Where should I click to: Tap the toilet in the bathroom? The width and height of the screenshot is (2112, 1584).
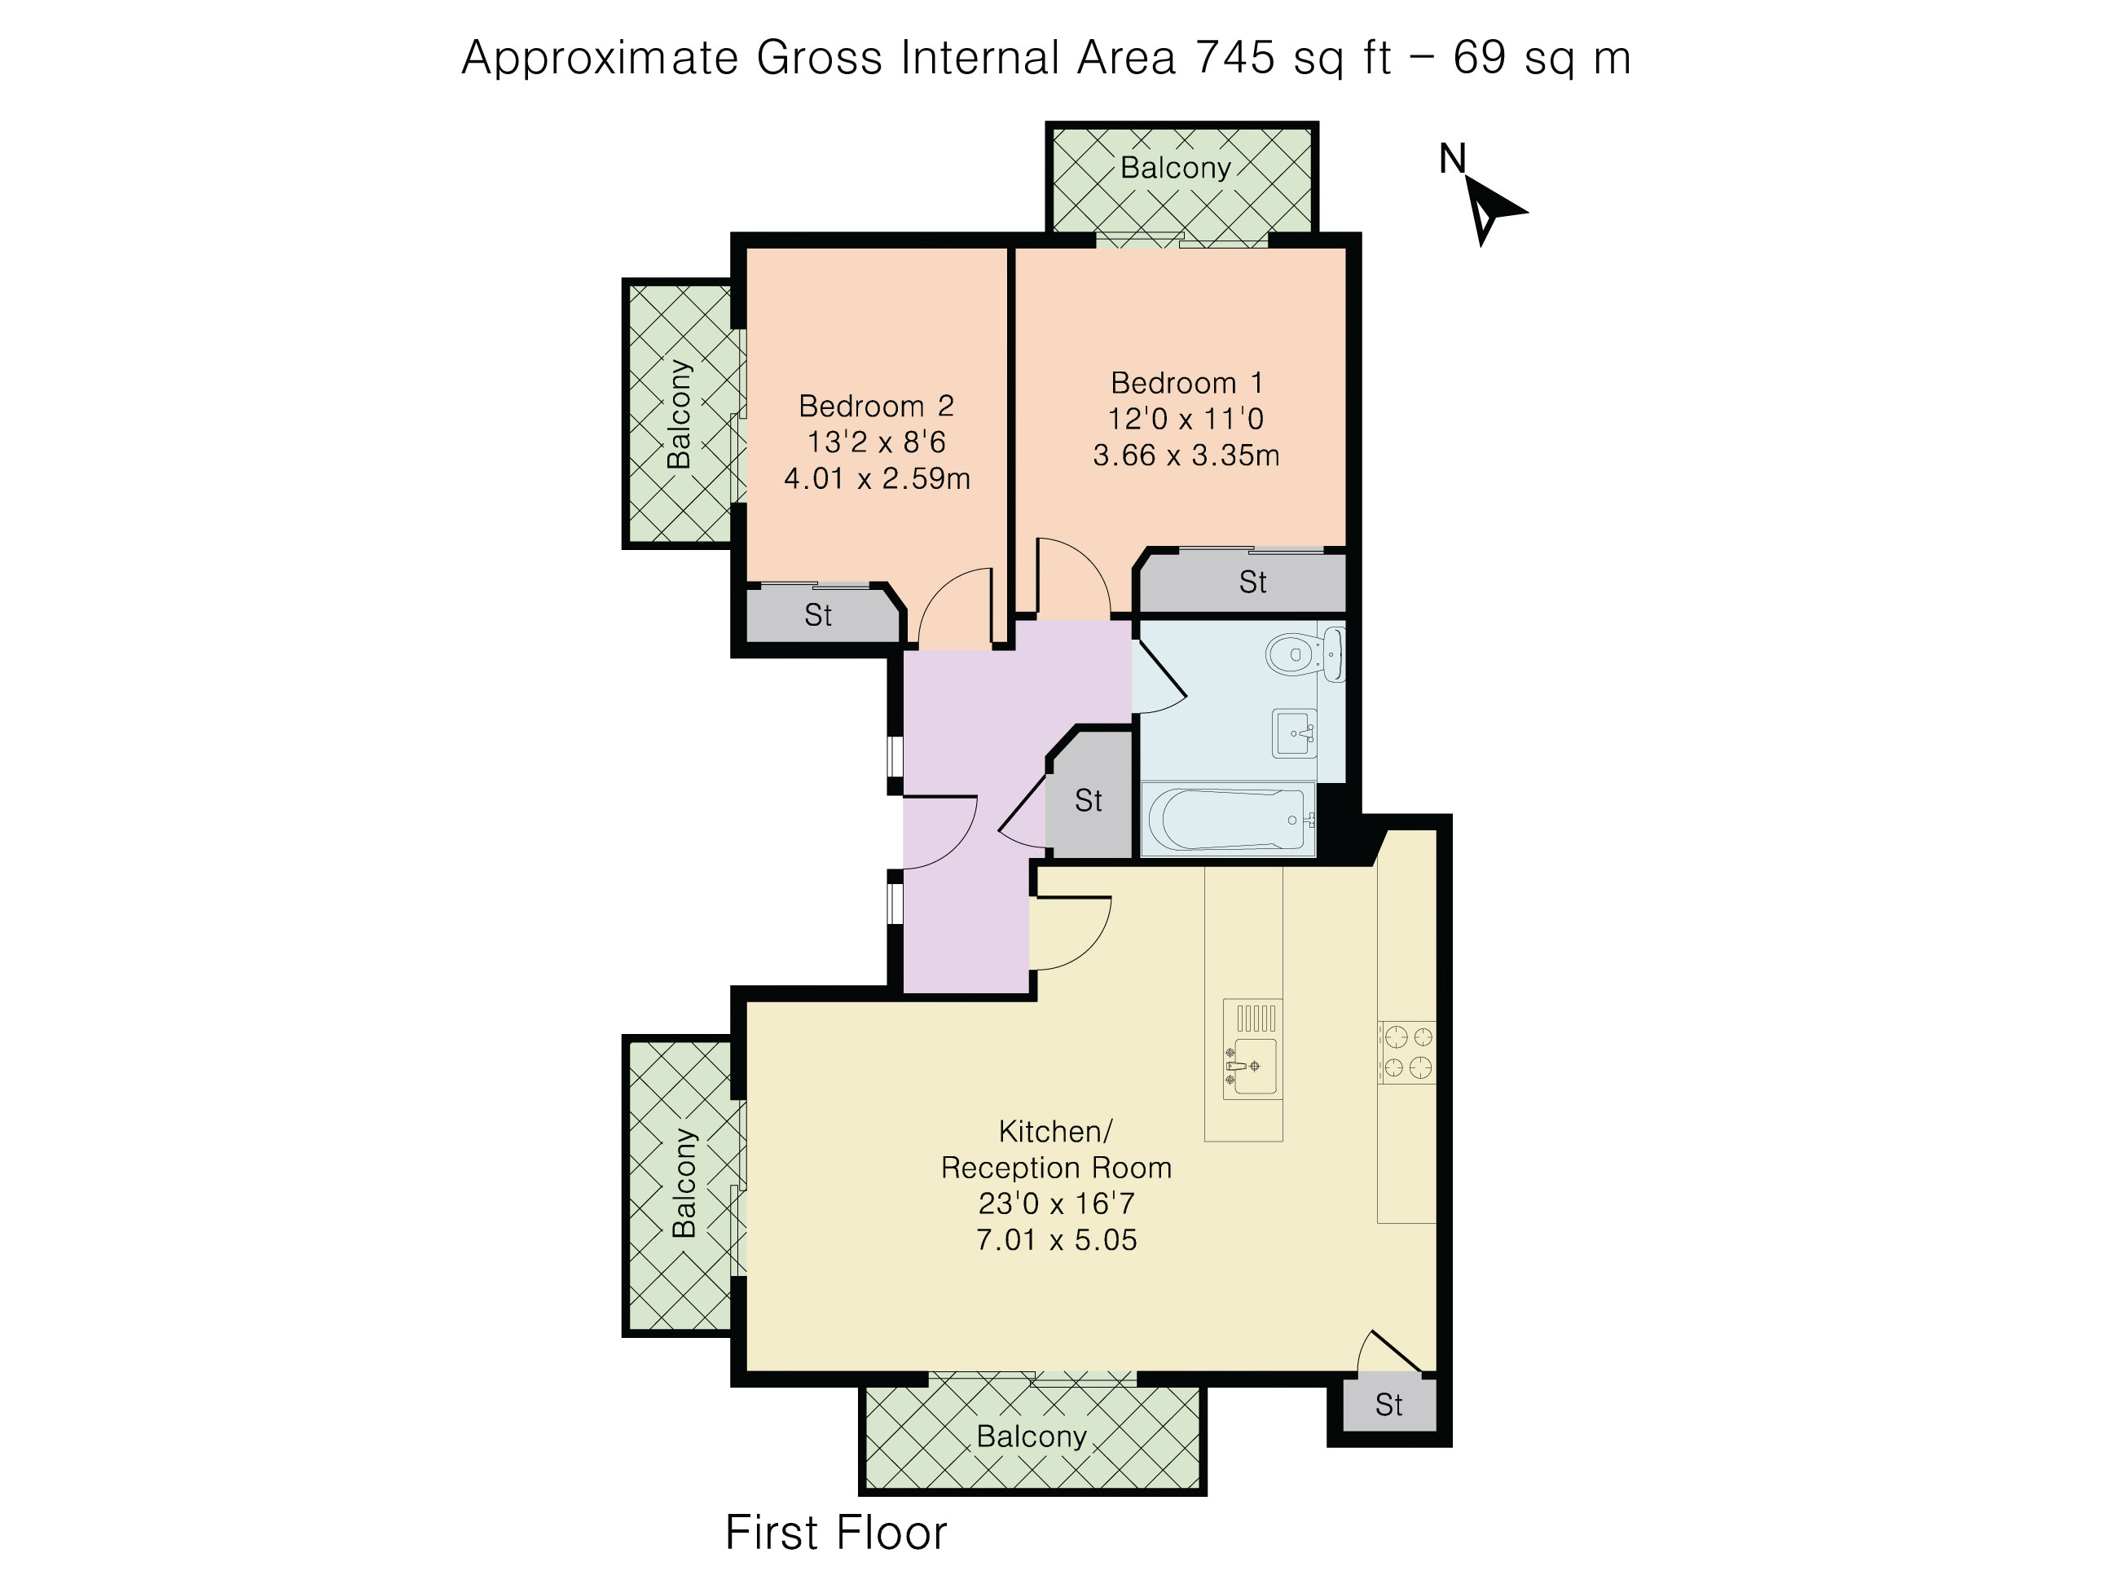point(1305,655)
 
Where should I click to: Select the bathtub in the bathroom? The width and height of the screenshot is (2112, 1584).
point(1228,819)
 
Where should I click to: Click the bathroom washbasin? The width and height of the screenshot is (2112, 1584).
point(1295,734)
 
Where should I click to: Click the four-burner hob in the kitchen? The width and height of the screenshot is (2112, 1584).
point(1407,1052)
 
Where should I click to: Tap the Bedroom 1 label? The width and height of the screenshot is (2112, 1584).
point(1187,383)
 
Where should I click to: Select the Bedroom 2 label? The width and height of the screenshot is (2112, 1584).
point(876,406)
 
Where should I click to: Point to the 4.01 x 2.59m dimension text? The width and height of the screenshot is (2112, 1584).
point(877,478)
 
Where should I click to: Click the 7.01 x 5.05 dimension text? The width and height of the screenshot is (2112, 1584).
point(1056,1240)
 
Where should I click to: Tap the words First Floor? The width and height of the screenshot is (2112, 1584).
point(835,1533)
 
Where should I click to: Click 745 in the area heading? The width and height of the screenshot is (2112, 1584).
point(1235,57)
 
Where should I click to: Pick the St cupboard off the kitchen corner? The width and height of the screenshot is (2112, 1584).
point(1389,1404)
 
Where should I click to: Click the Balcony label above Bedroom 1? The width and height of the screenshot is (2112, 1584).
point(1175,168)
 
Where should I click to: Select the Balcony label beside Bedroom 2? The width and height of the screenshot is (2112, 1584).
point(678,413)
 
